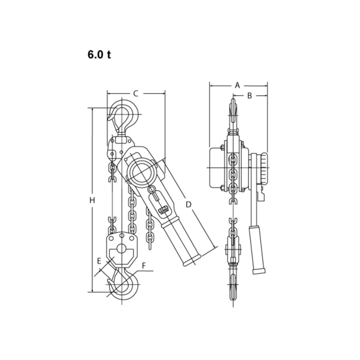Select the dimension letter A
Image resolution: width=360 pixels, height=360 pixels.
pyautogui.click(x=237, y=85)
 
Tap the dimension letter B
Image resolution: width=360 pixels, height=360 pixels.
pyautogui.click(x=251, y=96)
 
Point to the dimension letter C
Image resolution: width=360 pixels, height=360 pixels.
pyautogui.click(x=136, y=94)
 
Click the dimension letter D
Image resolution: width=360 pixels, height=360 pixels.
pyautogui.click(x=189, y=205)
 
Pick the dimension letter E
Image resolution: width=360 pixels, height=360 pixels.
pyautogui.click(x=99, y=261)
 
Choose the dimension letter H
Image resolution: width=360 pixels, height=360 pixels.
pyautogui.click(x=93, y=200)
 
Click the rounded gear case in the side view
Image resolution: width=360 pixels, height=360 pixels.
pyautogui.click(x=217, y=167)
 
